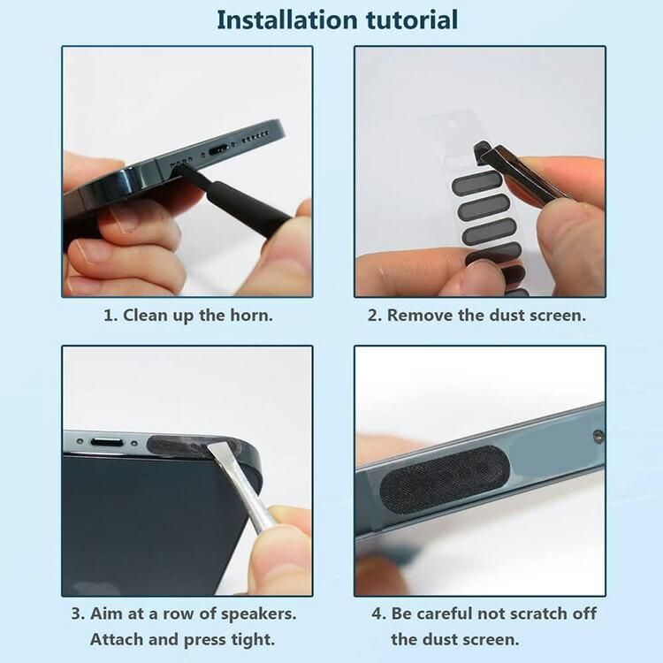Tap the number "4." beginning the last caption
tap(379, 613)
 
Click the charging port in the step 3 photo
tap(107, 443)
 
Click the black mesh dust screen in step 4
tap(445, 479)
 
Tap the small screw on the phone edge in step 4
tap(598, 435)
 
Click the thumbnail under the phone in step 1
tap(127, 218)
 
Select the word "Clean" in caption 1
tap(144, 315)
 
